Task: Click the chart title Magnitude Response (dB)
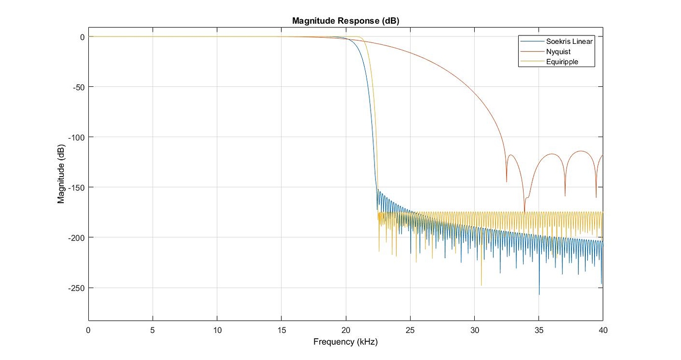pyautogui.click(x=345, y=21)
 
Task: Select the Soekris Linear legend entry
pyautogui.click(x=569, y=41)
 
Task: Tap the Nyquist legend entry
pyautogui.click(x=558, y=52)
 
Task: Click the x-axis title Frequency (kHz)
pyautogui.click(x=345, y=341)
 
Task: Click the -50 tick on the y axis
pyautogui.click(x=77, y=87)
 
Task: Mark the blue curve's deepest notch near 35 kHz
pyautogui.click(x=539, y=294)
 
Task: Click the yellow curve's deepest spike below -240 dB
pyautogui.click(x=481, y=285)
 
